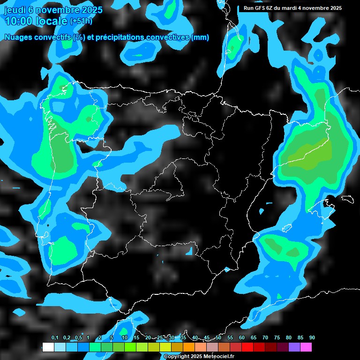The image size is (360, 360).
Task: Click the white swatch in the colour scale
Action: [x=48, y=347]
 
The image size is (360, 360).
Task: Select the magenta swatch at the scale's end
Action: [x=306, y=347]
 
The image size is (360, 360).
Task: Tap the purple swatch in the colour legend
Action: [x=294, y=347]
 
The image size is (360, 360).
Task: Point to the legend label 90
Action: [x=312, y=337]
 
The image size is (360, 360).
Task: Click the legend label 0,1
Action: [x=55, y=337]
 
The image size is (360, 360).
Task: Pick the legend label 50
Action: [x=218, y=337]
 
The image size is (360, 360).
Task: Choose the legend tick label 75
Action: [x=277, y=337]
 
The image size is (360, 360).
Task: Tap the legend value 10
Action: [x=125, y=337]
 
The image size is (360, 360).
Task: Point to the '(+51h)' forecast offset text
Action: [x=81, y=21]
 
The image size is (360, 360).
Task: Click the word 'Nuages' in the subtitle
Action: [x=18, y=37]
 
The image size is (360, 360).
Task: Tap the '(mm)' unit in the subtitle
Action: [x=200, y=37]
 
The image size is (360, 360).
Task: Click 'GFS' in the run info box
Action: [x=261, y=8]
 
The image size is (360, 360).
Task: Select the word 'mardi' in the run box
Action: [x=287, y=8]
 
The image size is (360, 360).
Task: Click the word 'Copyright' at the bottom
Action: [x=177, y=357]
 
